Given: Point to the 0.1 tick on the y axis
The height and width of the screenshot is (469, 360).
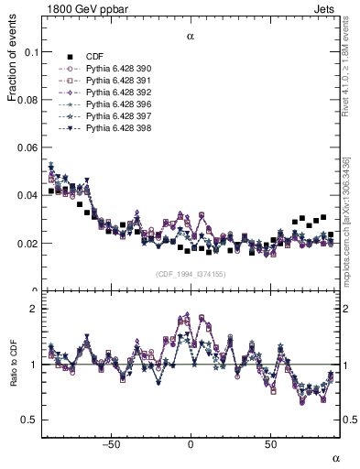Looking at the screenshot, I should point(31,52).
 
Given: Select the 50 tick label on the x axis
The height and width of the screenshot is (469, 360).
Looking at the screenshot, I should point(271,445).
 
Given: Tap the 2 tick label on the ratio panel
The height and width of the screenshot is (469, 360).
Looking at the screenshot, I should point(35,309).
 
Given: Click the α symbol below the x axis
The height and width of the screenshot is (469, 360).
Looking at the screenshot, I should point(335,457).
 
